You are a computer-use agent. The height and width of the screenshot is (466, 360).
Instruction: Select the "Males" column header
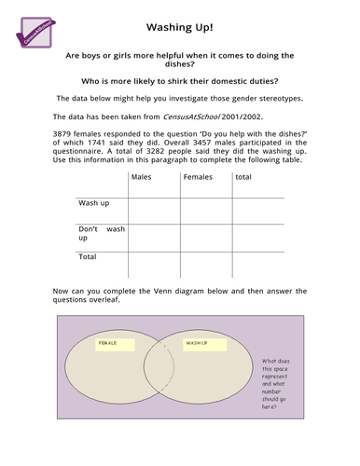point(142,176)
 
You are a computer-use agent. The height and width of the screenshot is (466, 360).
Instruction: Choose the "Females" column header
point(198,176)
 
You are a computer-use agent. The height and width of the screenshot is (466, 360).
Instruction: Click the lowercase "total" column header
point(243,176)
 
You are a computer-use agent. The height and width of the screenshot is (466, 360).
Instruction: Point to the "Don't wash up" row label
point(101,233)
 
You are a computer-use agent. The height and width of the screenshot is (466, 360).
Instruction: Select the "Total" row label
point(88,255)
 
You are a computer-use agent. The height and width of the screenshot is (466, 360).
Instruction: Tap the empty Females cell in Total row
point(206,257)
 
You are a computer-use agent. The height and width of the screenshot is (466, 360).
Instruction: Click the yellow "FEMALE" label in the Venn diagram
point(110,343)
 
